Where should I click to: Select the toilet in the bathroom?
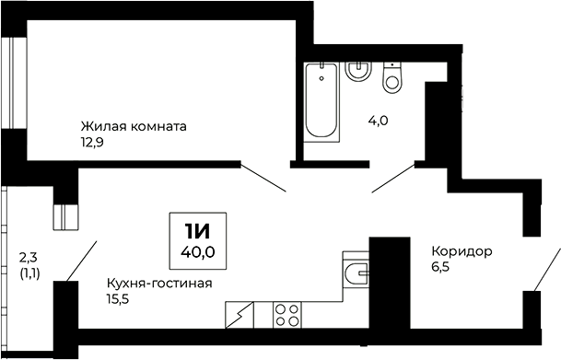tap(393, 79)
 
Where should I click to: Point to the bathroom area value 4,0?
tap(378, 119)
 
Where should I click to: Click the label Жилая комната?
tap(134, 126)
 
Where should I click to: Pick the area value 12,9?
tap(93, 142)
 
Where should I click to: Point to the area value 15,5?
tap(118, 298)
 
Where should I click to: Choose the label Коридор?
tap(461, 251)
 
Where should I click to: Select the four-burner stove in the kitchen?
tap(286, 314)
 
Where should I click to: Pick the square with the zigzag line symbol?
tap(240, 314)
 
